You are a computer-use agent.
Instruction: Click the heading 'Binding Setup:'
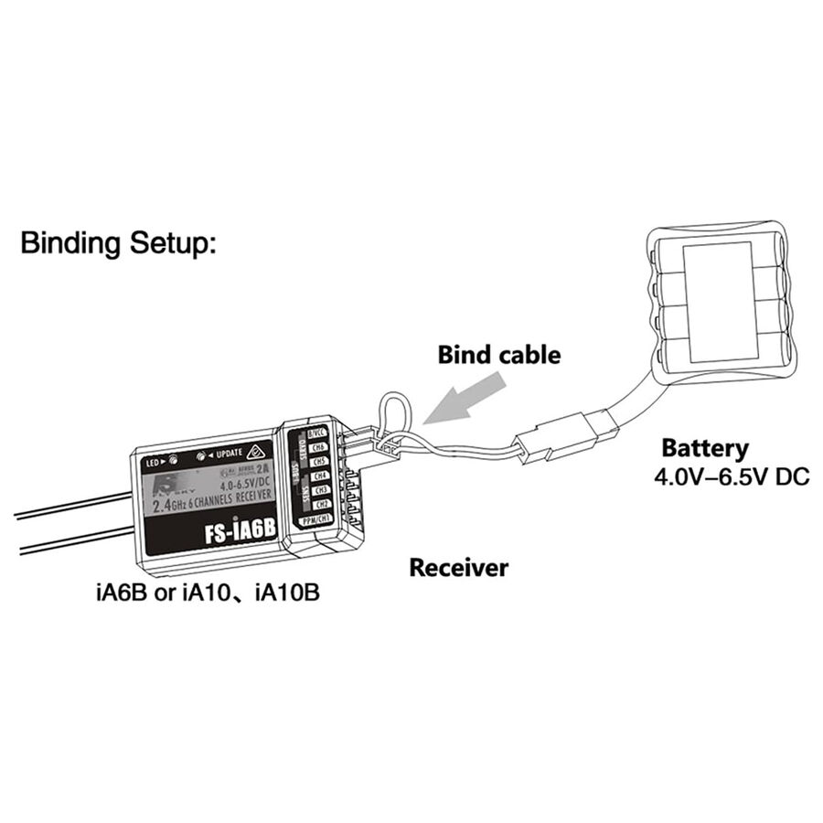119,244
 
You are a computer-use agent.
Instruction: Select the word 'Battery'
704,448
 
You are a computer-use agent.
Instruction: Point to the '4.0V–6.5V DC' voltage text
732,477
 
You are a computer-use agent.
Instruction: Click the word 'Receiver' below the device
457,568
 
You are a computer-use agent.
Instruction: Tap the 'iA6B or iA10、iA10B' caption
208,593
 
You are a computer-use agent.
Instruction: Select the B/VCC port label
316,433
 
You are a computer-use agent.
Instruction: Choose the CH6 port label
319,447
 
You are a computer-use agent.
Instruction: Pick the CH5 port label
320,462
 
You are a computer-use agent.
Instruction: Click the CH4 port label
321,476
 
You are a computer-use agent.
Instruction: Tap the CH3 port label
321,491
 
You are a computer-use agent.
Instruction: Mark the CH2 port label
322,506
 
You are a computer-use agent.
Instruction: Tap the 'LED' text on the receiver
152,463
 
